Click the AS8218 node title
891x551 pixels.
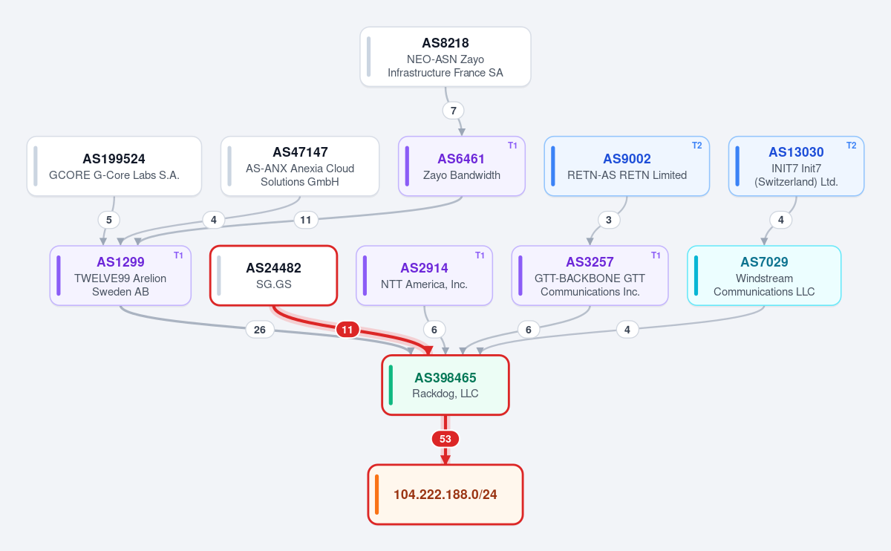(x=445, y=43)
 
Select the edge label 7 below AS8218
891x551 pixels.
(x=453, y=111)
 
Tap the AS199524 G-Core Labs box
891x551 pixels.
(x=114, y=166)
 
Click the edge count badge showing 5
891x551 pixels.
(x=108, y=220)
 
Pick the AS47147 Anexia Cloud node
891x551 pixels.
(x=300, y=166)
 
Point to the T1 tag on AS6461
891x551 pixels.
(x=512, y=146)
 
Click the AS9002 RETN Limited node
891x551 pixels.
(x=627, y=166)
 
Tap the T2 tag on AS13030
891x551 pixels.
(x=851, y=146)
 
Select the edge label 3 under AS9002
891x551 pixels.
(x=609, y=220)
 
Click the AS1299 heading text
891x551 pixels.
(x=120, y=262)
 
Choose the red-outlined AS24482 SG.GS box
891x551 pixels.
(x=274, y=275)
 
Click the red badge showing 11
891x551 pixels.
(x=347, y=330)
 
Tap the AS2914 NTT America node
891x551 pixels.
(x=424, y=275)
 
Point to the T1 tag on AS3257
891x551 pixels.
(x=656, y=255)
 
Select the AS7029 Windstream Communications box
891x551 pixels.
(x=764, y=275)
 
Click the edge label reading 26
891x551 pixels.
(x=260, y=330)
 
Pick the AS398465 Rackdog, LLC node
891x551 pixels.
(x=445, y=385)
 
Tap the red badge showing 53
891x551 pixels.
(x=445, y=439)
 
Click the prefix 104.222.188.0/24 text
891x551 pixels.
(x=445, y=495)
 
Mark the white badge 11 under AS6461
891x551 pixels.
(x=305, y=220)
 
